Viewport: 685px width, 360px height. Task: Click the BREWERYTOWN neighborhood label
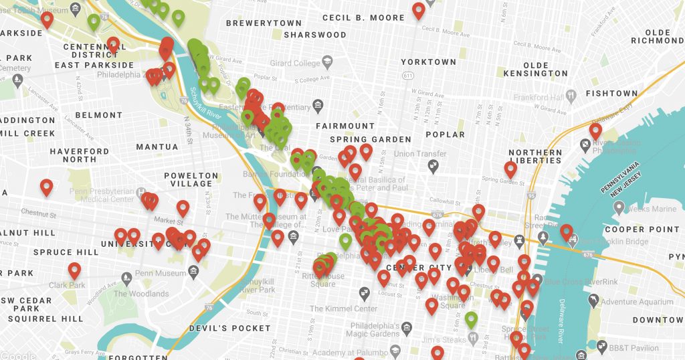[264, 23]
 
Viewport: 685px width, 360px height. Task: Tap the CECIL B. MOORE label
[363, 17]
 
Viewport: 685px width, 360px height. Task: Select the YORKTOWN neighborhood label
[428, 62]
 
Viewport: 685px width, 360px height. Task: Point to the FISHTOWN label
[611, 94]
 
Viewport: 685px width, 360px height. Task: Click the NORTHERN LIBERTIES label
[535, 157]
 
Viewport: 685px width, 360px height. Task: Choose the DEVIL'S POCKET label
[230, 329]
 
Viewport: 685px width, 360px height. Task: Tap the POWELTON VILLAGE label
[191, 179]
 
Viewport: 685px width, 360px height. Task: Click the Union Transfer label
[420, 154]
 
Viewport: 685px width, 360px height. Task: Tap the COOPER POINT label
[642, 230]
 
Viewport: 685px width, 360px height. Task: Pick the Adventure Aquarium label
[636, 302]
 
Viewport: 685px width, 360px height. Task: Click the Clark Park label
[67, 285]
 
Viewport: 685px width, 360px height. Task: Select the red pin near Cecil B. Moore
[418, 10]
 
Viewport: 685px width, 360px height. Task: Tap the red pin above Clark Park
[74, 270]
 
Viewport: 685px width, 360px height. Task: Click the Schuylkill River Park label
[257, 286]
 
